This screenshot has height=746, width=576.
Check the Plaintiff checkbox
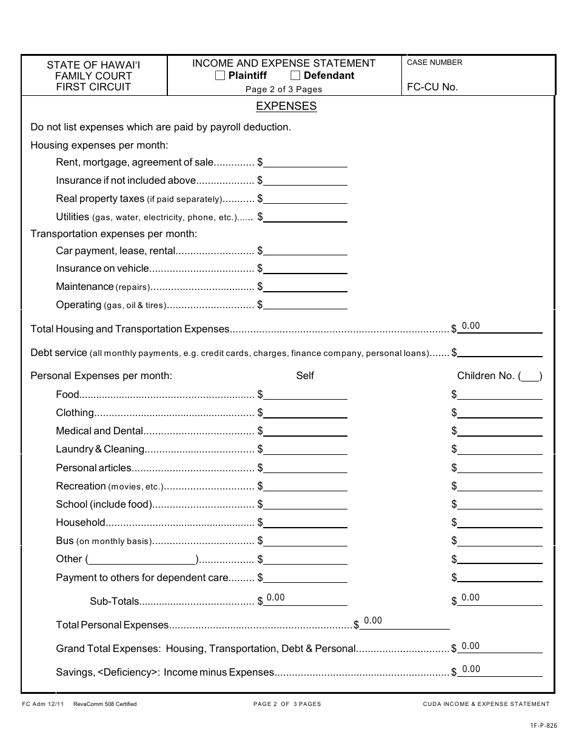[220, 76]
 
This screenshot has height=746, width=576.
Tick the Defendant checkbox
[295, 76]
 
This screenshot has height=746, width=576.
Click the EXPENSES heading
[286, 106]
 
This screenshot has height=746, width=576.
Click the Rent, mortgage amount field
[306, 162]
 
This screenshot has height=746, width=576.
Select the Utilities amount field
[306, 217]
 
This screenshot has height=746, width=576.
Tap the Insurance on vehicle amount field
[306, 268]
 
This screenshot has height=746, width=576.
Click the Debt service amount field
[500, 352]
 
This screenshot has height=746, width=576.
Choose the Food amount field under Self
[306, 394]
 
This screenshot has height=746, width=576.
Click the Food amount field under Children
[500, 394]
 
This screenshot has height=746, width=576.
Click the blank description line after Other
[142, 559]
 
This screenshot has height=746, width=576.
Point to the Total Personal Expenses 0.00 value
[373, 620]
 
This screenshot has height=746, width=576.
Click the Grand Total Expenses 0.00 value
[471, 646]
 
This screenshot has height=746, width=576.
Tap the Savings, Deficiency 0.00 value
[471, 669]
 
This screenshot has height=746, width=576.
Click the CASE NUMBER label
[434, 62]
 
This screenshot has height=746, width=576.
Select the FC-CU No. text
[432, 87]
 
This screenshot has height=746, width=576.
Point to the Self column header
[305, 376]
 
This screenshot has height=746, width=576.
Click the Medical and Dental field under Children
[500, 431]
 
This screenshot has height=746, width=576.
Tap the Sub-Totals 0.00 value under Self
[275, 597]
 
